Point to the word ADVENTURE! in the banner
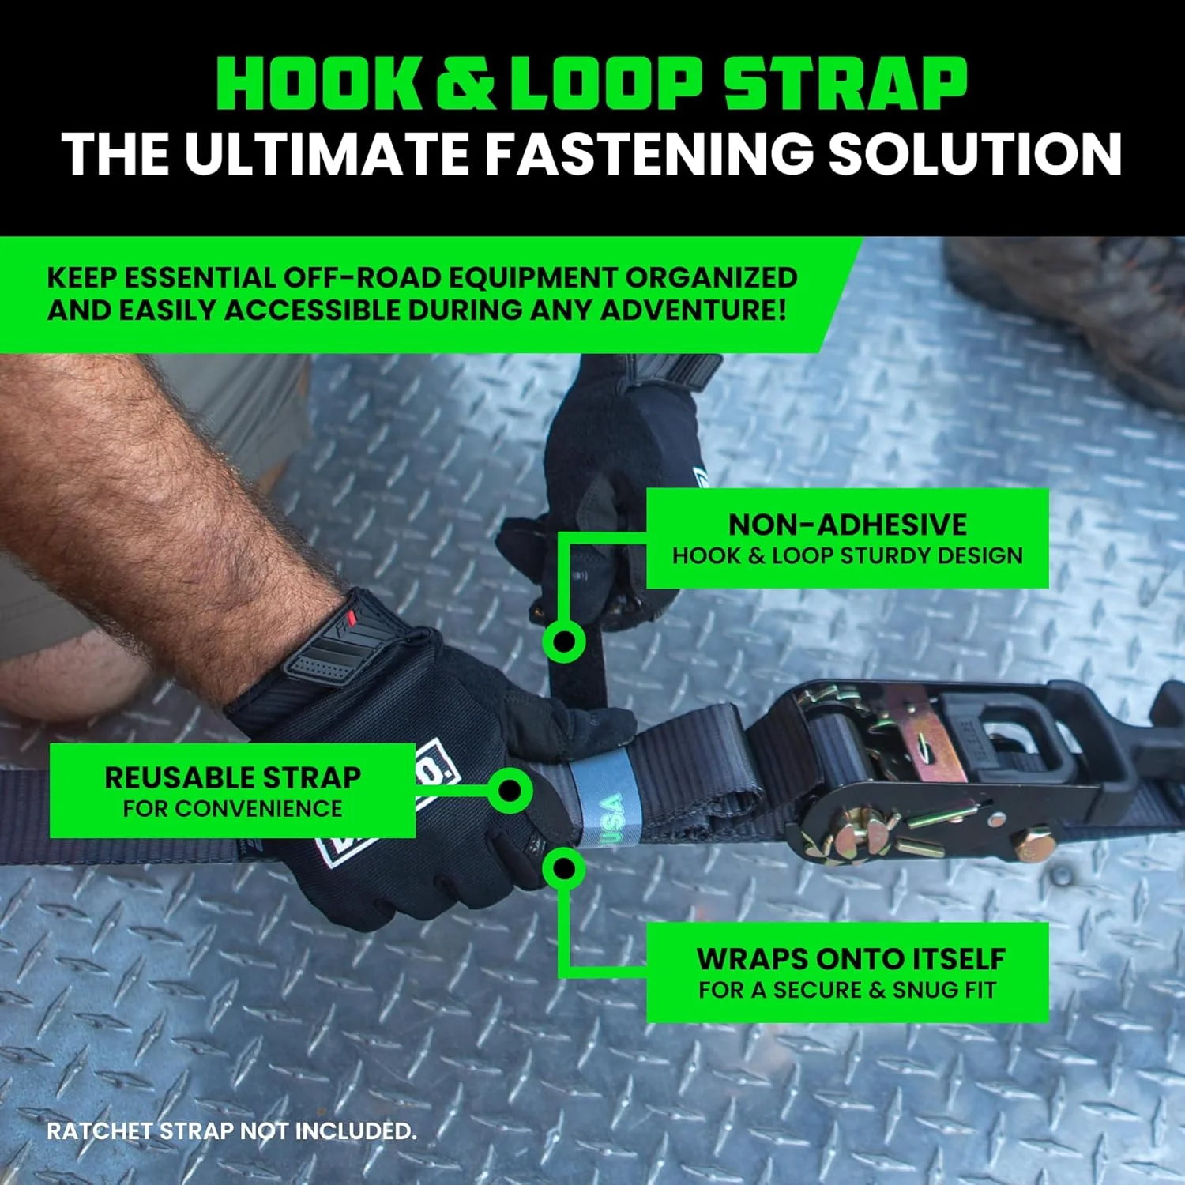click(x=694, y=310)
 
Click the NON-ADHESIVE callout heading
click(x=848, y=525)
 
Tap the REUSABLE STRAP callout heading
click(x=233, y=777)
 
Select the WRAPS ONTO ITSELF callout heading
click(x=851, y=958)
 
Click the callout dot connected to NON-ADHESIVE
click(x=563, y=641)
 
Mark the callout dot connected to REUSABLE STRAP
click(x=510, y=790)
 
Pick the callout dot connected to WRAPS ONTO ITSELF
click(x=563, y=869)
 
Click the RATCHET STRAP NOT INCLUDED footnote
click(x=231, y=1131)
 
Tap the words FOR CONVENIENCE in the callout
click(x=233, y=809)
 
